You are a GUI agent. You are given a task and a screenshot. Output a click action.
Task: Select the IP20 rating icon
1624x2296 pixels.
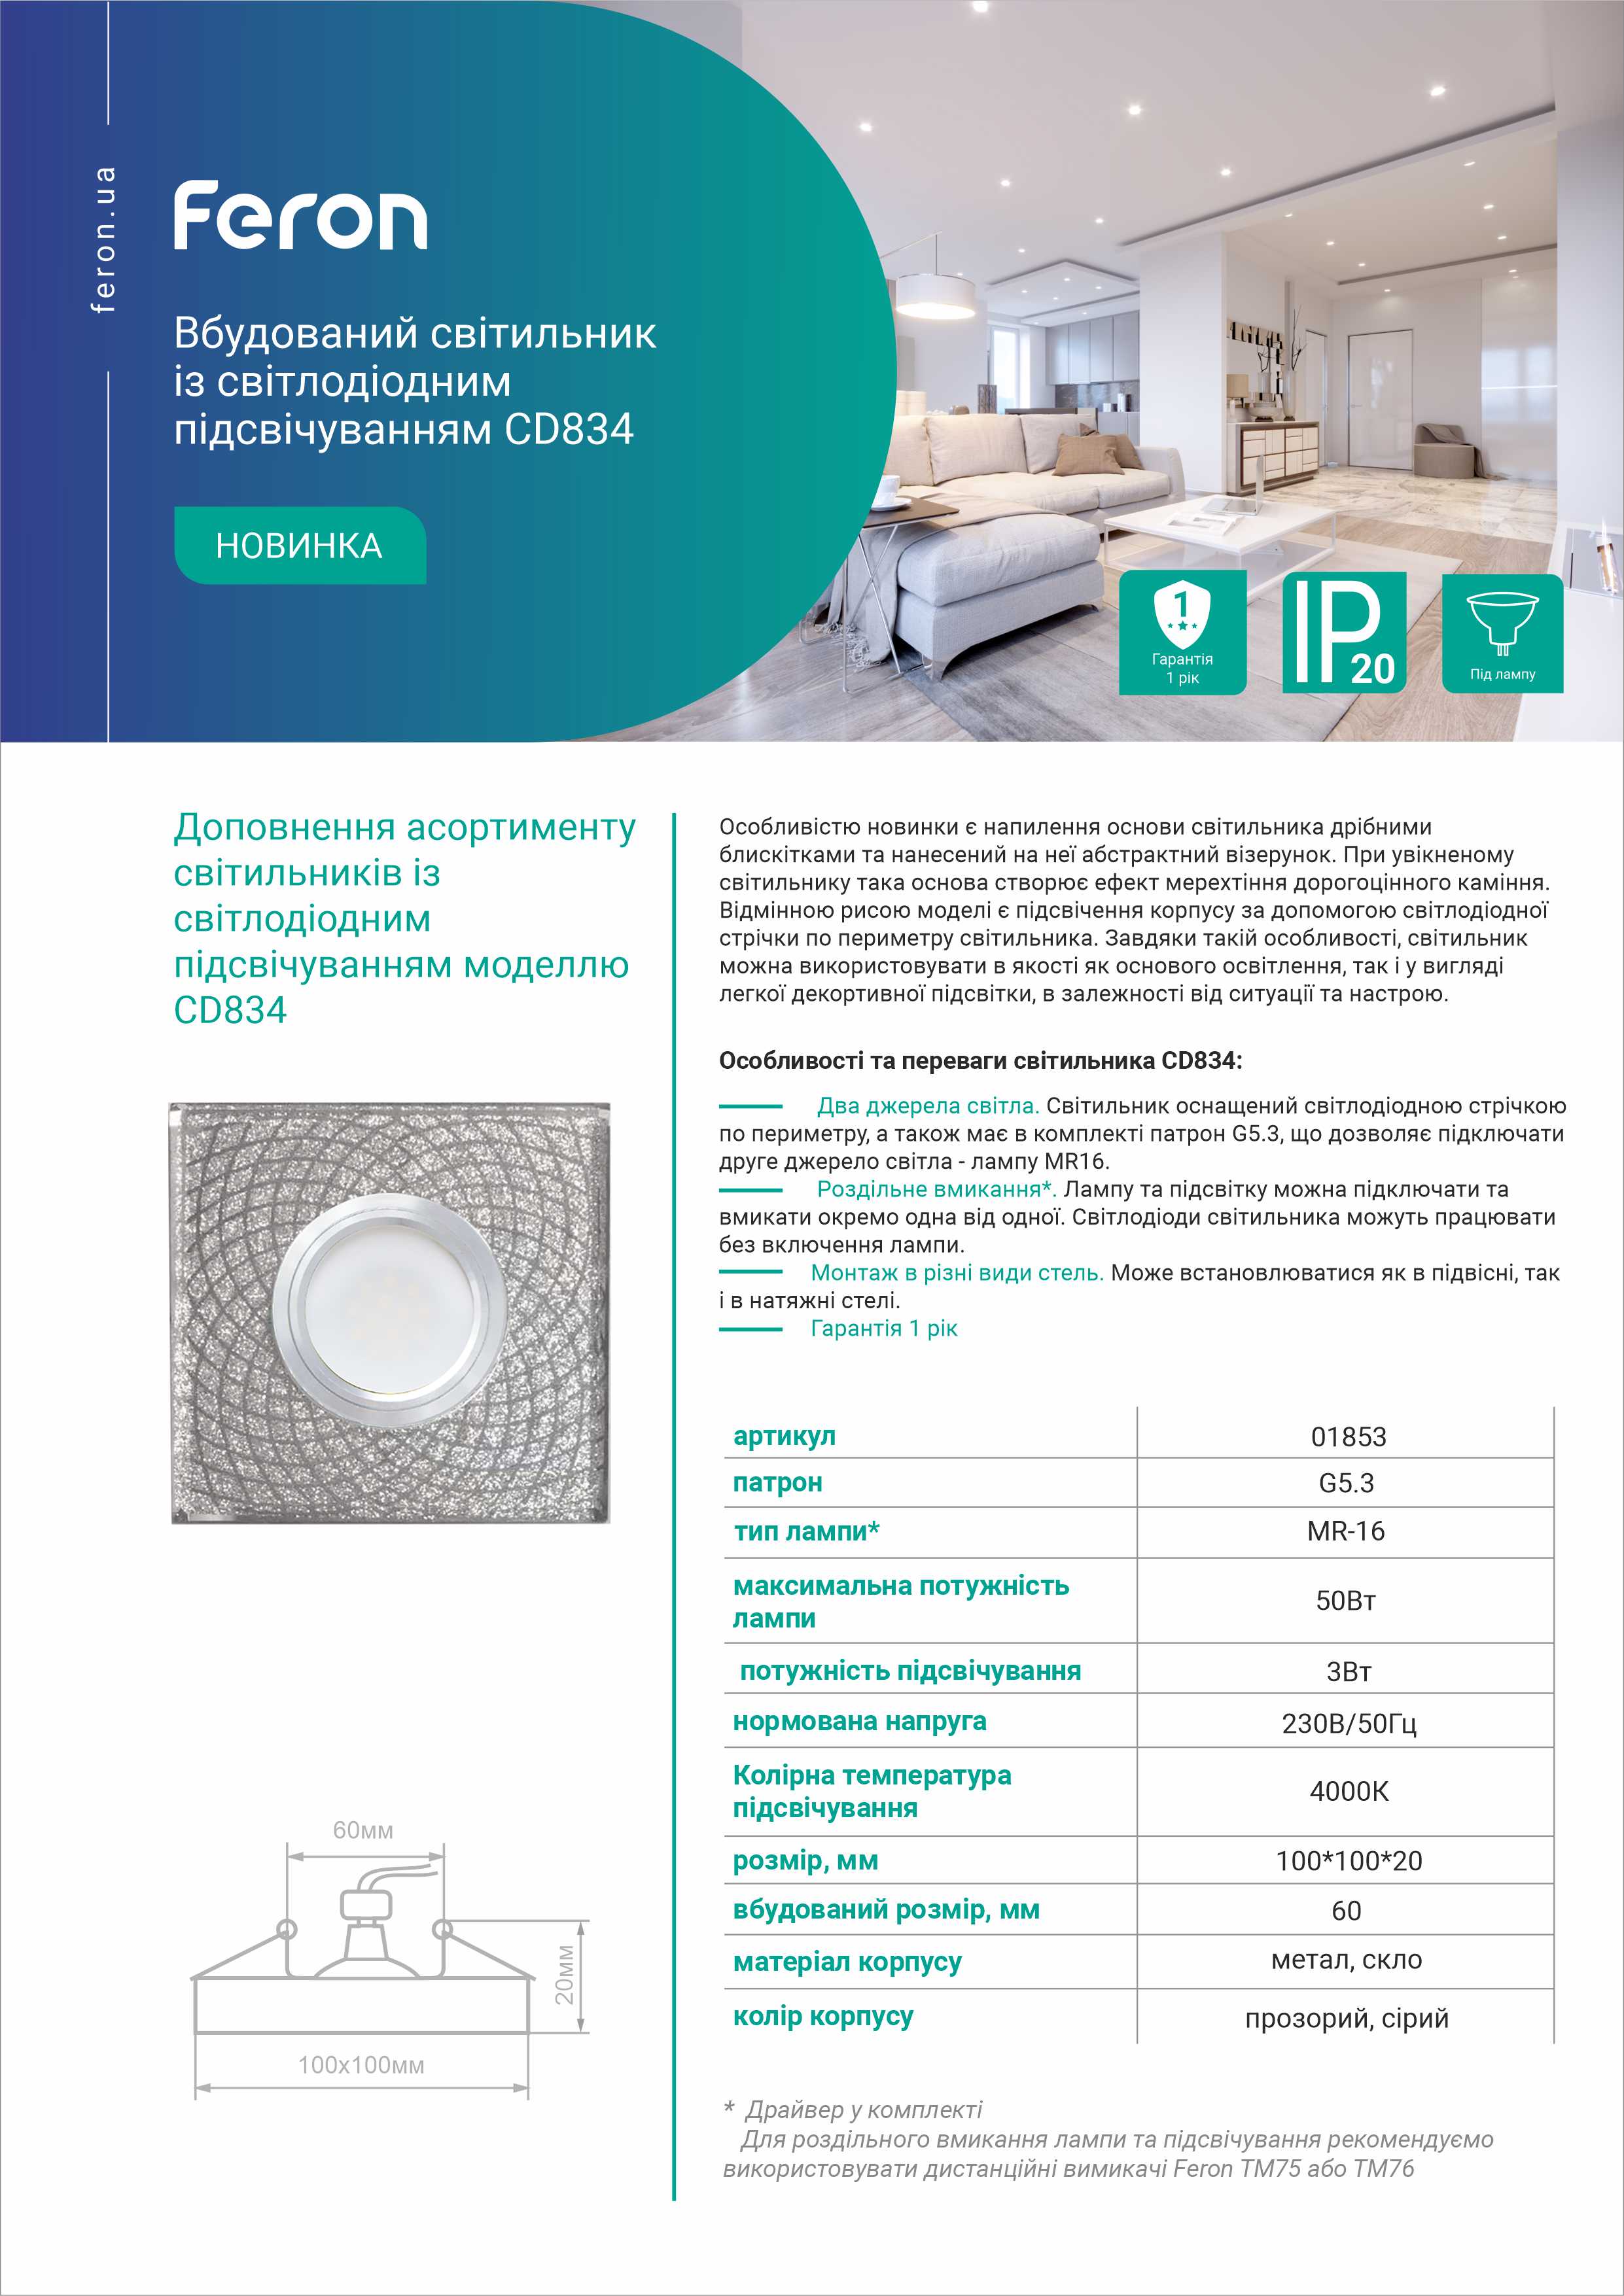(1344, 632)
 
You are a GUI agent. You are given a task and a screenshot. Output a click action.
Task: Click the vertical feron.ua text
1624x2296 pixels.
(103, 240)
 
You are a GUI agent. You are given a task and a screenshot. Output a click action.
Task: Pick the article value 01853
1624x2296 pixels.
(1348, 1437)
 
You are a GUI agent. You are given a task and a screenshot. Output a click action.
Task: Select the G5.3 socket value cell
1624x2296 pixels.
(1346, 1483)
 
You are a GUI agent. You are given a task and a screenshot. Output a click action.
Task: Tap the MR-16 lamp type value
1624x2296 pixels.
(1346, 1531)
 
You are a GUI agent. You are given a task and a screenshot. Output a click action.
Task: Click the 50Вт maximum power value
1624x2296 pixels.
(1346, 1600)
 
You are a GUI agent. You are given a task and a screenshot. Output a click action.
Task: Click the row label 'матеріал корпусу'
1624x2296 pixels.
(847, 1962)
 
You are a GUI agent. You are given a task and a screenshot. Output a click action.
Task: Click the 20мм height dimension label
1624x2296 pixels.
(565, 1975)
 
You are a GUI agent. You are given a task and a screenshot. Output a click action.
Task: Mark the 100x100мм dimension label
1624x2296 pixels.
(361, 2065)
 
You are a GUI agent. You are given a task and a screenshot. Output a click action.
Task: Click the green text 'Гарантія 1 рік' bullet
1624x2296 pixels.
(884, 1328)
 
